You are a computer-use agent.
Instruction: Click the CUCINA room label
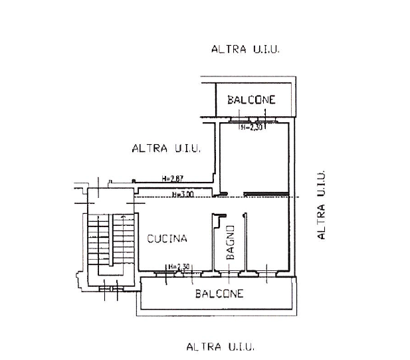click(x=167, y=238)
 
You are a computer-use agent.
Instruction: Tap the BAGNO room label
click(x=231, y=242)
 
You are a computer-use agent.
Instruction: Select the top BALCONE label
click(x=251, y=100)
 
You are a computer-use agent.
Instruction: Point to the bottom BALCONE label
click(x=219, y=294)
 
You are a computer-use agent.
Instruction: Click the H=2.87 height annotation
click(x=172, y=179)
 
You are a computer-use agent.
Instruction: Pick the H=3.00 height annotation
click(x=183, y=194)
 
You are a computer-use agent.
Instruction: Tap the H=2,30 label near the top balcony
click(x=251, y=128)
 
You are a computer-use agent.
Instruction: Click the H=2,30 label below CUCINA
click(x=179, y=266)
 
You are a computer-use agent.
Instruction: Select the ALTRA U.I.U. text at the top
click(x=245, y=49)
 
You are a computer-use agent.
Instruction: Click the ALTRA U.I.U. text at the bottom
click(x=221, y=347)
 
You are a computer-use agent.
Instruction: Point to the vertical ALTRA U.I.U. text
click(x=320, y=205)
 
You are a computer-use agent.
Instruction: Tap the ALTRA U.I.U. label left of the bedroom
click(x=166, y=148)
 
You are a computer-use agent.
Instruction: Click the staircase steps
click(x=111, y=239)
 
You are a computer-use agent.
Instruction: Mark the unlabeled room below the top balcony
click(x=254, y=158)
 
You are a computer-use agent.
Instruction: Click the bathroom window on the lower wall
click(x=229, y=274)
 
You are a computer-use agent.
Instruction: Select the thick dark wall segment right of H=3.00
click(x=266, y=194)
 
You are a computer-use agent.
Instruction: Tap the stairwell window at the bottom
click(x=111, y=289)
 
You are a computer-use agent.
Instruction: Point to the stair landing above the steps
click(x=110, y=201)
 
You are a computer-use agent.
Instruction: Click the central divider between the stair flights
click(x=111, y=240)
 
